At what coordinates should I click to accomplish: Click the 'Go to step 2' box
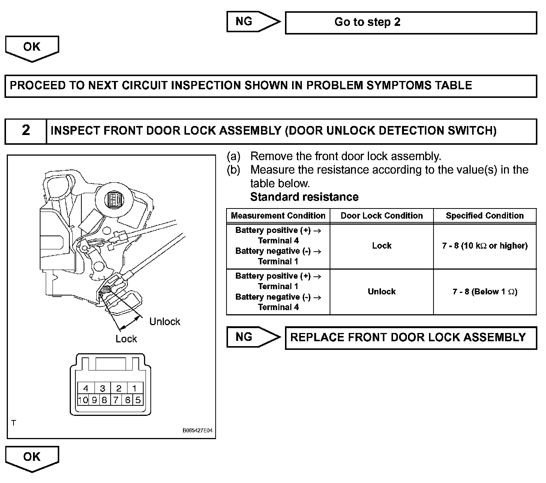click(x=411, y=22)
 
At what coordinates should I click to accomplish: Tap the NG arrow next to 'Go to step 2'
click(x=252, y=21)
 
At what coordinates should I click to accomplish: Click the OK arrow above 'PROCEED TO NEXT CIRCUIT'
click(x=32, y=48)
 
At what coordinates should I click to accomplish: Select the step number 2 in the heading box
click(x=26, y=130)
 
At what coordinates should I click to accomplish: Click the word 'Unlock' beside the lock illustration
click(x=165, y=321)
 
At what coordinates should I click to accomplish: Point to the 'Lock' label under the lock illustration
click(x=126, y=339)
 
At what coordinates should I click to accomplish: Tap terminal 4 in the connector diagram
click(x=86, y=388)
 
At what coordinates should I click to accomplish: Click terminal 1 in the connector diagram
click(x=135, y=388)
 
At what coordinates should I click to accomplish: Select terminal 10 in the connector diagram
click(x=83, y=400)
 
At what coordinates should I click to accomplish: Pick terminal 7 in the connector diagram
click(x=116, y=400)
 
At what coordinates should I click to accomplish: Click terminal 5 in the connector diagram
click(x=138, y=400)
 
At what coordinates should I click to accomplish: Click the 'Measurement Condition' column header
click(x=278, y=216)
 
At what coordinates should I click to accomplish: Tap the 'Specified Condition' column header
click(x=484, y=216)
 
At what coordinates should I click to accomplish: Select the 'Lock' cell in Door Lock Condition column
click(x=381, y=246)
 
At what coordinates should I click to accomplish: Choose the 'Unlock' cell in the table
click(x=381, y=291)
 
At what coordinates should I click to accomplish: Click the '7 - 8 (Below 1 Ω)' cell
click(x=484, y=291)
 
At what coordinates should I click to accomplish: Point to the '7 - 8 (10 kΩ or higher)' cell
click(x=484, y=246)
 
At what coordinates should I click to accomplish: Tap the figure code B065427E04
click(x=197, y=430)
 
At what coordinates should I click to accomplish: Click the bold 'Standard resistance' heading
click(x=304, y=197)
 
